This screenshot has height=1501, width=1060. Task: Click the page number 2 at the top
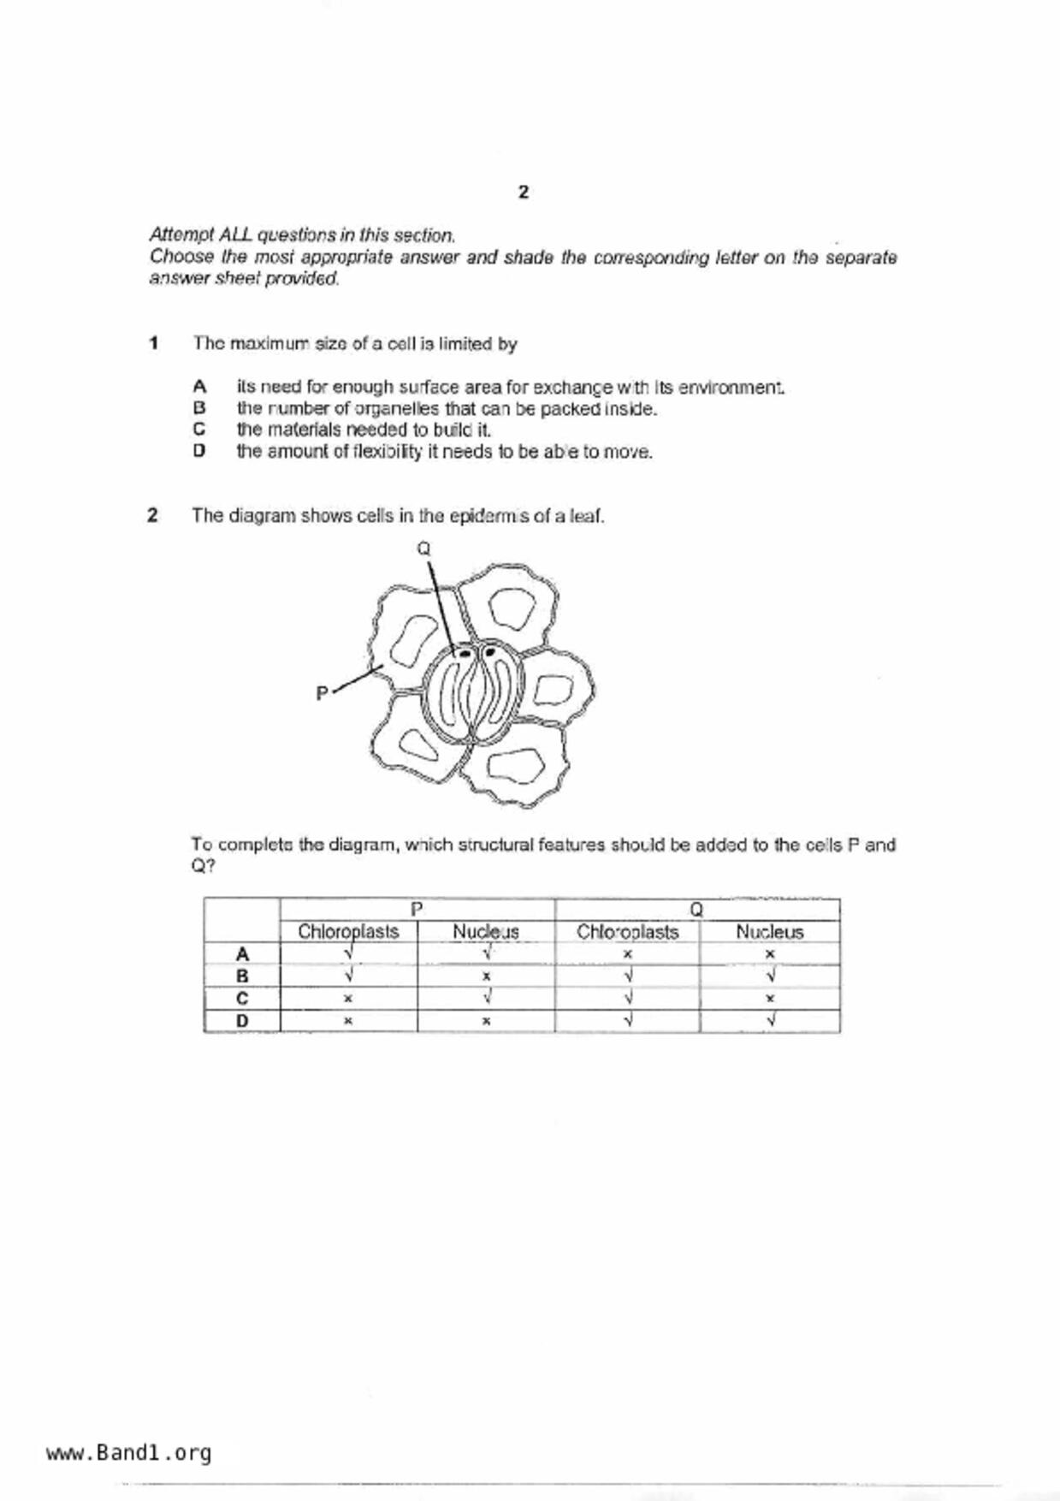tap(524, 193)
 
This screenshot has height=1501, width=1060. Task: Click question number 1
tap(154, 343)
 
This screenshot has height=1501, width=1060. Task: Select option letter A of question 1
tap(199, 387)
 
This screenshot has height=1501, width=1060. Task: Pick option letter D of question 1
tap(199, 451)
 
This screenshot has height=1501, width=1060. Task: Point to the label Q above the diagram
tap(423, 549)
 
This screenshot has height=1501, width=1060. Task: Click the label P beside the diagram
tap(322, 693)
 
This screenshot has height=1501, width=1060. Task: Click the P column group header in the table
tap(417, 909)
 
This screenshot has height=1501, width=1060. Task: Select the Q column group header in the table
tap(696, 909)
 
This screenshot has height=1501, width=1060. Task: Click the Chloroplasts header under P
tap(348, 931)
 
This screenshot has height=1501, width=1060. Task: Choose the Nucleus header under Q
tap(769, 931)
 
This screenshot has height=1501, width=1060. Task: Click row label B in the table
tap(242, 976)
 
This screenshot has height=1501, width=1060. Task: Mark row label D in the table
tap(242, 1021)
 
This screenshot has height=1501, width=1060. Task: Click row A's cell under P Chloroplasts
tap(348, 953)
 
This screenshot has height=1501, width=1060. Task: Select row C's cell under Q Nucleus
tap(769, 999)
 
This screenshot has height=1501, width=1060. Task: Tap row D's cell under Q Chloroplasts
tap(627, 1021)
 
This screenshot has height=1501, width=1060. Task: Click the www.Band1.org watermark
tap(128, 1453)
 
